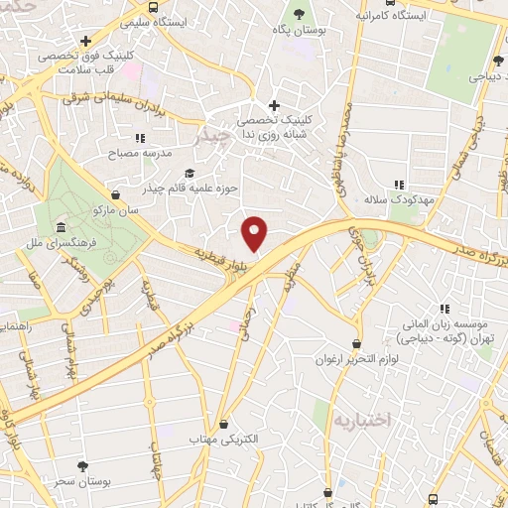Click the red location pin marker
coord(256,233)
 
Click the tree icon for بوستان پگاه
coord(300,14)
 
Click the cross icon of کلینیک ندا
coord(275,106)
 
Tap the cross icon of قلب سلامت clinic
coord(88,42)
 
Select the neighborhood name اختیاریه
coord(363,421)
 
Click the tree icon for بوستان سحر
coord(82,464)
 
